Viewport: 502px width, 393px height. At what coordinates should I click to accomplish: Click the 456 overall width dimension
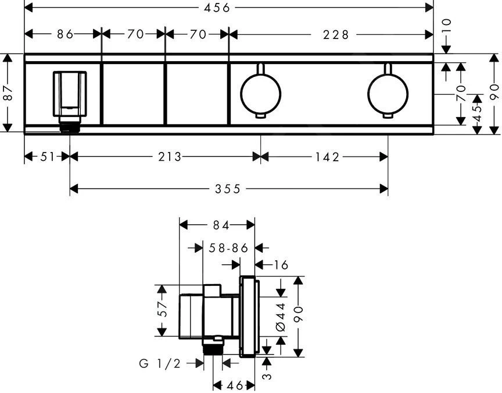click(217, 8)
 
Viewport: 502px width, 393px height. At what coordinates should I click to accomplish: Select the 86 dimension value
click(65, 34)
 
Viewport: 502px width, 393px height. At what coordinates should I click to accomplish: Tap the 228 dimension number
click(335, 35)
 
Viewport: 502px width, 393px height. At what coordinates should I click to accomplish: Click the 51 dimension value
click(48, 157)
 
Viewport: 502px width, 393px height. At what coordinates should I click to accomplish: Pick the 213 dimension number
click(170, 157)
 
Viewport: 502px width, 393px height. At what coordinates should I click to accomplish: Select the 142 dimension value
click(327, 157)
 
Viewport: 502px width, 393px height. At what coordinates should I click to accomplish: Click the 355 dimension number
click(227, 189)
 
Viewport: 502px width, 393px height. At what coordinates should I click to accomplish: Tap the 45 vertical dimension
click(477, 113)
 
